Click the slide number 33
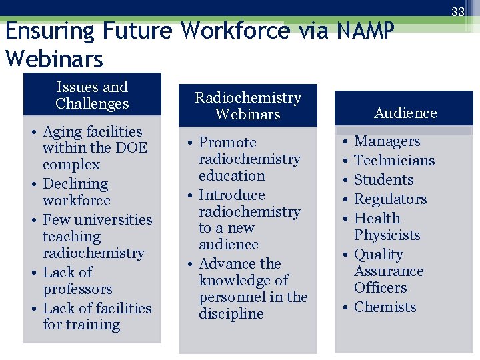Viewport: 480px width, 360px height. [458, 11]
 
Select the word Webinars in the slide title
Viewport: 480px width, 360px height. [54, 59]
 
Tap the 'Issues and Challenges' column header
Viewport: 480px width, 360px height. [92, 95]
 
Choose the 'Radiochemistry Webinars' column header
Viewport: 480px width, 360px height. [248, 106]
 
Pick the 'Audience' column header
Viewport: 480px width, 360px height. [405, 113]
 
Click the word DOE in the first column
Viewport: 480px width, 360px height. [132, 148]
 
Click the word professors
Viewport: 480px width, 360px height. [77, 289]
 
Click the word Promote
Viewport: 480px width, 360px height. [227, 143]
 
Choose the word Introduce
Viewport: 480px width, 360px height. [231, 195]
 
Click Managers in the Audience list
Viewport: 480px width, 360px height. [387, 141]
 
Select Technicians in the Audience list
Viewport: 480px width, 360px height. [394, 161]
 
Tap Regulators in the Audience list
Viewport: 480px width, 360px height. [390, 199]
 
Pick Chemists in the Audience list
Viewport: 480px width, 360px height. [385, 307]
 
